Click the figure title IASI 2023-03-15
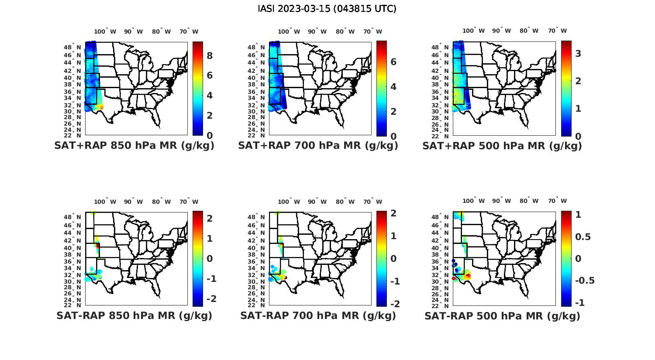click(x=327, y=9)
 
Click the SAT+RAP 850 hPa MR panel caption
click(x=134, y=146)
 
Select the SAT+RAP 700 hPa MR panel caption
click(x=318, y=146)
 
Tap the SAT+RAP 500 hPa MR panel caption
click(x=502, y=146)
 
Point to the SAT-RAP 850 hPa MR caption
click(x=134, y=315)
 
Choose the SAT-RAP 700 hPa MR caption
click(x=318, y=315)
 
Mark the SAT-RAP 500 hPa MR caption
click(x=502, y=315)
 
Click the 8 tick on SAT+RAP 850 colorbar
click(x=210, y=55)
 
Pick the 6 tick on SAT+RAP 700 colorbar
click(x=393, y=62)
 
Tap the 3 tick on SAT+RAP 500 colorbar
click(x=578, y=53)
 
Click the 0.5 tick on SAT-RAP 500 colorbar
click(x=583, y=237)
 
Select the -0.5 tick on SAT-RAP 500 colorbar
click(x=585, y=280)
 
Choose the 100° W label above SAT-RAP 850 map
click(x=105, y=202)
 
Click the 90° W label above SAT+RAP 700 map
click(x=317, y=31)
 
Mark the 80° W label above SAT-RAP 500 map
click(x=529, y=201)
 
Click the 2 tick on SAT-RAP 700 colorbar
click(x=393, y=213)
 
